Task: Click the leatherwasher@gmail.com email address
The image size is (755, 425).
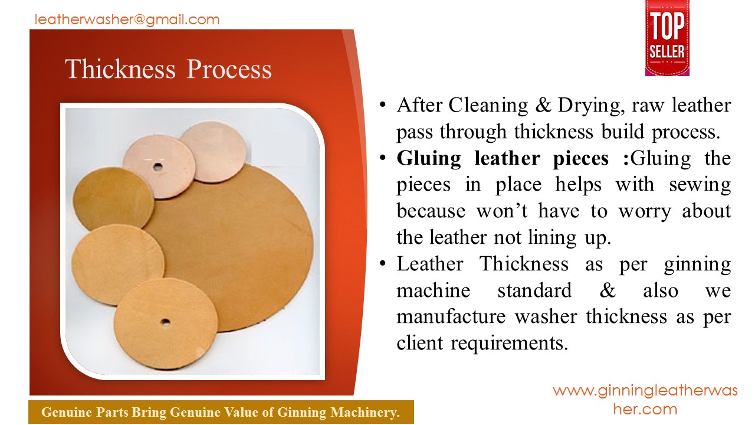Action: (127, 20)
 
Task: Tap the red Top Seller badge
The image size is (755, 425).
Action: (667, 38)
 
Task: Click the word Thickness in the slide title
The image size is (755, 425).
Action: (120, 69)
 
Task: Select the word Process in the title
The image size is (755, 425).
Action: (229, 69)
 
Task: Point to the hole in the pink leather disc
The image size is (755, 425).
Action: (157, 166)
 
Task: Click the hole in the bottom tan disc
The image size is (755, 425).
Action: (165, 322)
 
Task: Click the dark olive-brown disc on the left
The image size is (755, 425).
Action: (113, 199)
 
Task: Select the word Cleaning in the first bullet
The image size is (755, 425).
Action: (488, 106)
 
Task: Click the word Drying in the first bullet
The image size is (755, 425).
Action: (589, 106)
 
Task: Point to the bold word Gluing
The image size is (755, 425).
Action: (429, 159)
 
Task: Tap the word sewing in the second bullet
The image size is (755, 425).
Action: (700, 185)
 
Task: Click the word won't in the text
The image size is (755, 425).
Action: (502, 211)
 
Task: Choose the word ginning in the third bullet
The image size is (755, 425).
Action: (697, 264)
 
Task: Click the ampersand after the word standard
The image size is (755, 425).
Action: (608, 290)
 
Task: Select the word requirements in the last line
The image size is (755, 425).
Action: (509, 344)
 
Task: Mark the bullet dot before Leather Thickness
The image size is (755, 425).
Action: (382, 263)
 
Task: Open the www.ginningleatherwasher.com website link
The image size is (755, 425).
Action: (645, 400)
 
